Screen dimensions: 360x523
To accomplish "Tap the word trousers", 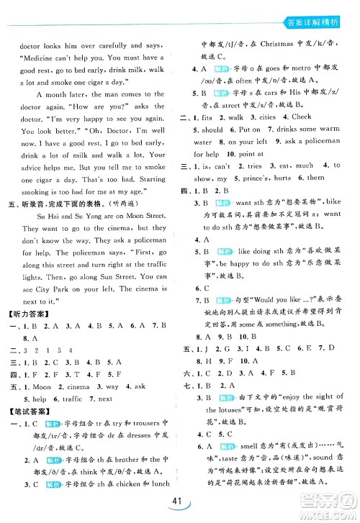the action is (140, 444).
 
